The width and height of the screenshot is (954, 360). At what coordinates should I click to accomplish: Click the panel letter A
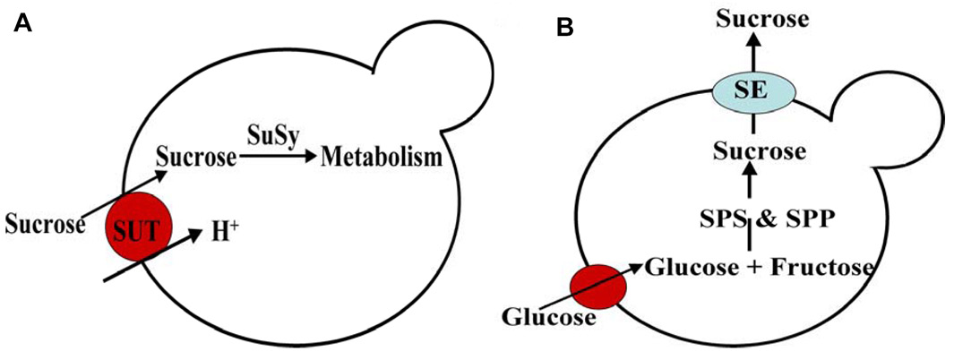tap(23, 24)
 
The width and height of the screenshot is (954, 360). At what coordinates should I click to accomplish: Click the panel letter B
tap(565, 28)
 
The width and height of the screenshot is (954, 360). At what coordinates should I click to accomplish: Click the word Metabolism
tap(382, 159)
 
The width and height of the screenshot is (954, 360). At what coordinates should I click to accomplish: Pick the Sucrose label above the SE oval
tap(751, 17)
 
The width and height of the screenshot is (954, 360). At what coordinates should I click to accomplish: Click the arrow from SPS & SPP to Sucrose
tap(751, 184)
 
